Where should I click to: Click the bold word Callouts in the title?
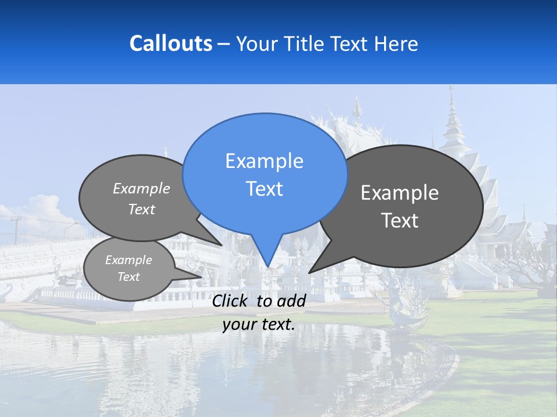point(171,44)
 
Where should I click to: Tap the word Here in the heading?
point(397,44)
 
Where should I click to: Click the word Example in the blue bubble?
point(264,161)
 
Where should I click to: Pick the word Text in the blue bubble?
point(264,189)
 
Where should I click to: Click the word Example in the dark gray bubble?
point(400,193)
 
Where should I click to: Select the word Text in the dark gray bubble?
point(400,221)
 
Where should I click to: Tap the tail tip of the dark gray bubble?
point(309,272)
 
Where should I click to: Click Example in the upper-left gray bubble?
point(142,189)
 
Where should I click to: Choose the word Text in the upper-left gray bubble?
point(142,210)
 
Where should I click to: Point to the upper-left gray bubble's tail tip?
point(222,245)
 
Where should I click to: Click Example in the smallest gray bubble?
point(128,260)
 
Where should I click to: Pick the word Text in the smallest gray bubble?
point(128,277)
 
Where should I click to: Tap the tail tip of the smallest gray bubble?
point(201,277)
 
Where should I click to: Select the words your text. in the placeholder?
point(259,325)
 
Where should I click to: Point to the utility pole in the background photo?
point(16,229)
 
